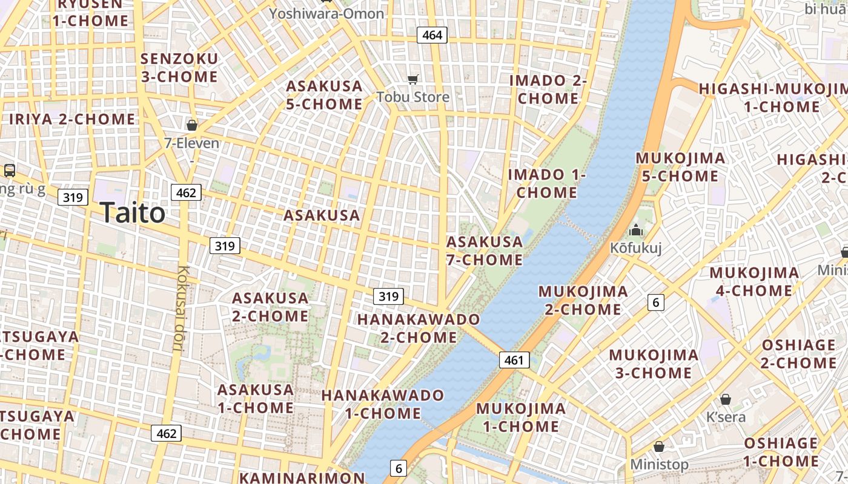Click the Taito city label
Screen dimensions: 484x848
click(x=132, y=213)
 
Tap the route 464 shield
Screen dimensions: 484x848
click(x=432, y=35)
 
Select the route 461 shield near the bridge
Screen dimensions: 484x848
click(x=514, y=361)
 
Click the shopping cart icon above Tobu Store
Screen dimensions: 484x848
click(x=413, y=79)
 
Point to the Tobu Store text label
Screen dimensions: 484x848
click(x=412, y=97)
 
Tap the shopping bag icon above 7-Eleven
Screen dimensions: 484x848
click(x=192, y=125)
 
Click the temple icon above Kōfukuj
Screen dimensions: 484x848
click(x=635, y=230)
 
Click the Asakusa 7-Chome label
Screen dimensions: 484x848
click(x=484, y=250)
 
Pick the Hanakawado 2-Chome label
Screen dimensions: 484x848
click(x=419, y=328)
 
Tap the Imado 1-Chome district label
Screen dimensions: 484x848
click(x=547, y=183)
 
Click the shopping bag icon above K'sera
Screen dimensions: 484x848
click(x=726, y=399)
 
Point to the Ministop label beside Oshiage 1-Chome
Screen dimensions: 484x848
click(x=659, y=465)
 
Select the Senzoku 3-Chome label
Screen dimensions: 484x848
click(x=179, y=68)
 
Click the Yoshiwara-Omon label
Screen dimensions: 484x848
click(x=326, y=13)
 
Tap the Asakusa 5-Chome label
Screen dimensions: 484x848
click(x=324, y=95)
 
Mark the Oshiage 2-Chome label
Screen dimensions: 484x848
click(x=798, y=354)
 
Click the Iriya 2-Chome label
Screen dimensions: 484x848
click(x=72, y=119)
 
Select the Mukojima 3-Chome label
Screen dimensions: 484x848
click(x=654, y=364)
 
